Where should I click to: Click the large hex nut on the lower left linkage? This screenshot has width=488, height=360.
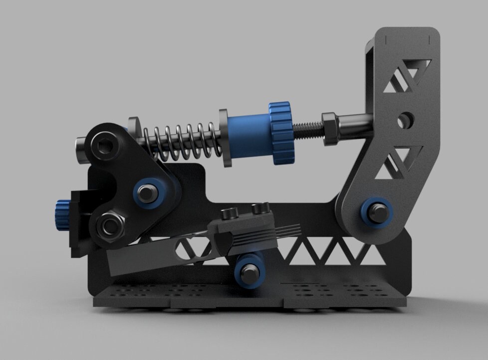tap(109, 226)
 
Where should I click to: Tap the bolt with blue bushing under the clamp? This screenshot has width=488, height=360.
tap(249, 272)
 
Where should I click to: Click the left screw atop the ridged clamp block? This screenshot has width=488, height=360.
tap(230, 213)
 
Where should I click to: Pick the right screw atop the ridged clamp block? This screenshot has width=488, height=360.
tap(258, 208)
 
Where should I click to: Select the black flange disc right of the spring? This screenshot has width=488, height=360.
tap(224, 138)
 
